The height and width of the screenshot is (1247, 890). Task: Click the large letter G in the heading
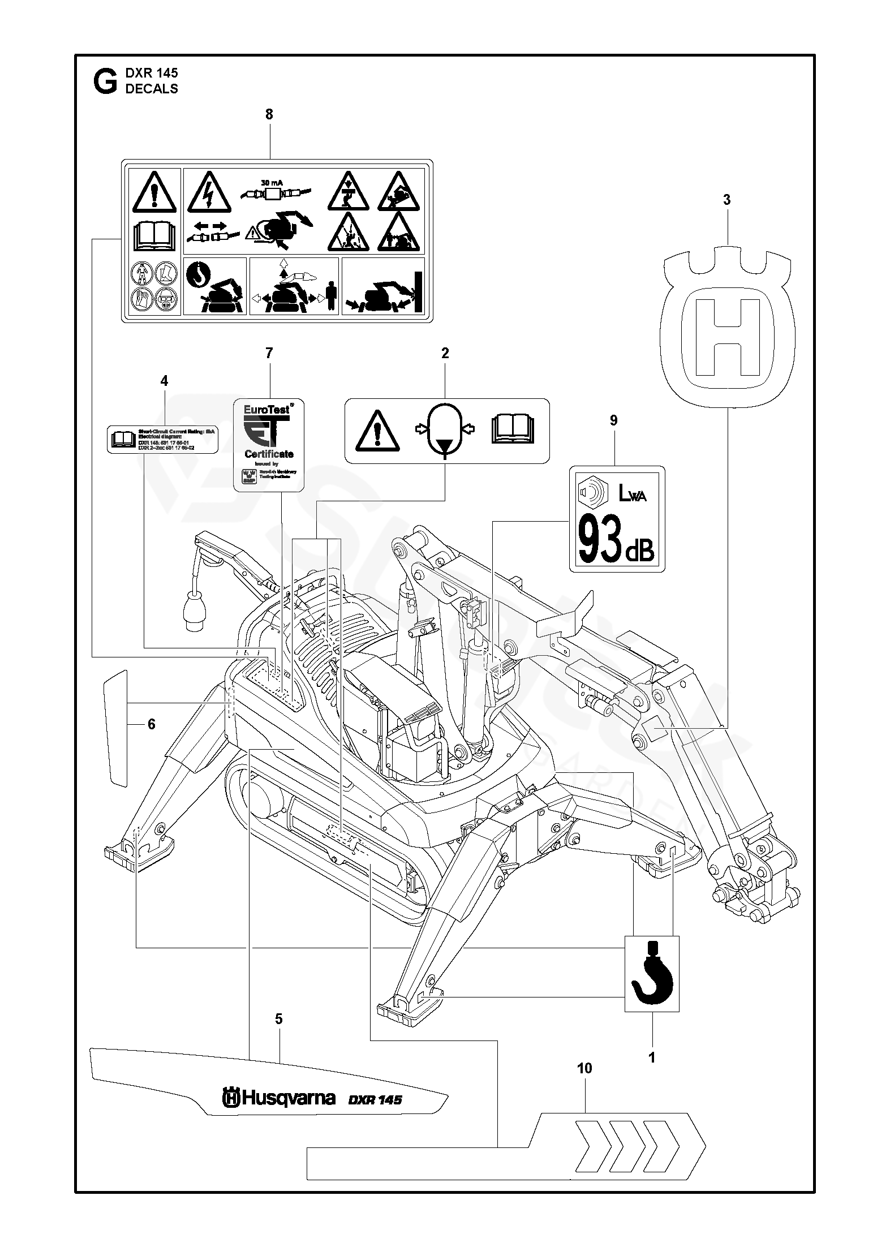pyautogui.click(x=104, y=81)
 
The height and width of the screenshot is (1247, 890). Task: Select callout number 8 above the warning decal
pyautogui.click(x=269, y=114)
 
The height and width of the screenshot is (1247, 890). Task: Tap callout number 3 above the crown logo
pyautogui.click(x=727, y=200)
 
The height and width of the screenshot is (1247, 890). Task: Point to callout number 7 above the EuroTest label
pyautogui.click(x=269, y=353)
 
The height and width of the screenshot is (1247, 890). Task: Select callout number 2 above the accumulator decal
pyautogui.click(x=445, y=353)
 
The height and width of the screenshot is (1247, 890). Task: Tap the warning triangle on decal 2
pyautogui.click(x=377, y=431)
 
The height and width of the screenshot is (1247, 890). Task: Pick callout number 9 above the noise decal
pyautogui.click(x=614, y=420)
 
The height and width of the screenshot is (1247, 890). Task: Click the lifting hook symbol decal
pyautogui.click(x=651, y=973)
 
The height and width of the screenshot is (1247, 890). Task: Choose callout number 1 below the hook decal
pyautogui.click(x=651, y=1057)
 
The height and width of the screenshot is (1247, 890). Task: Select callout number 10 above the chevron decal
pyautogui.click(x=584, y=1068)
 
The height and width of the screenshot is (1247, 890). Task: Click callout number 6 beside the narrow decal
pyautogui.click(x=151, y=724)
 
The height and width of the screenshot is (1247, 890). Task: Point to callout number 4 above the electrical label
pyautogui.click(x=164, y=381)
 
